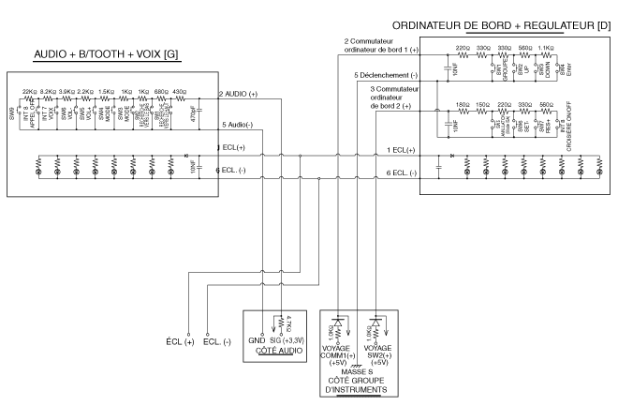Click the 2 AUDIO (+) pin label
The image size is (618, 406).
click(240, 95)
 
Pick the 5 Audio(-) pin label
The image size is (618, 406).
click(238, 125)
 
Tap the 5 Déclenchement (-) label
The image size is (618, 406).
click(384, 74)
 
